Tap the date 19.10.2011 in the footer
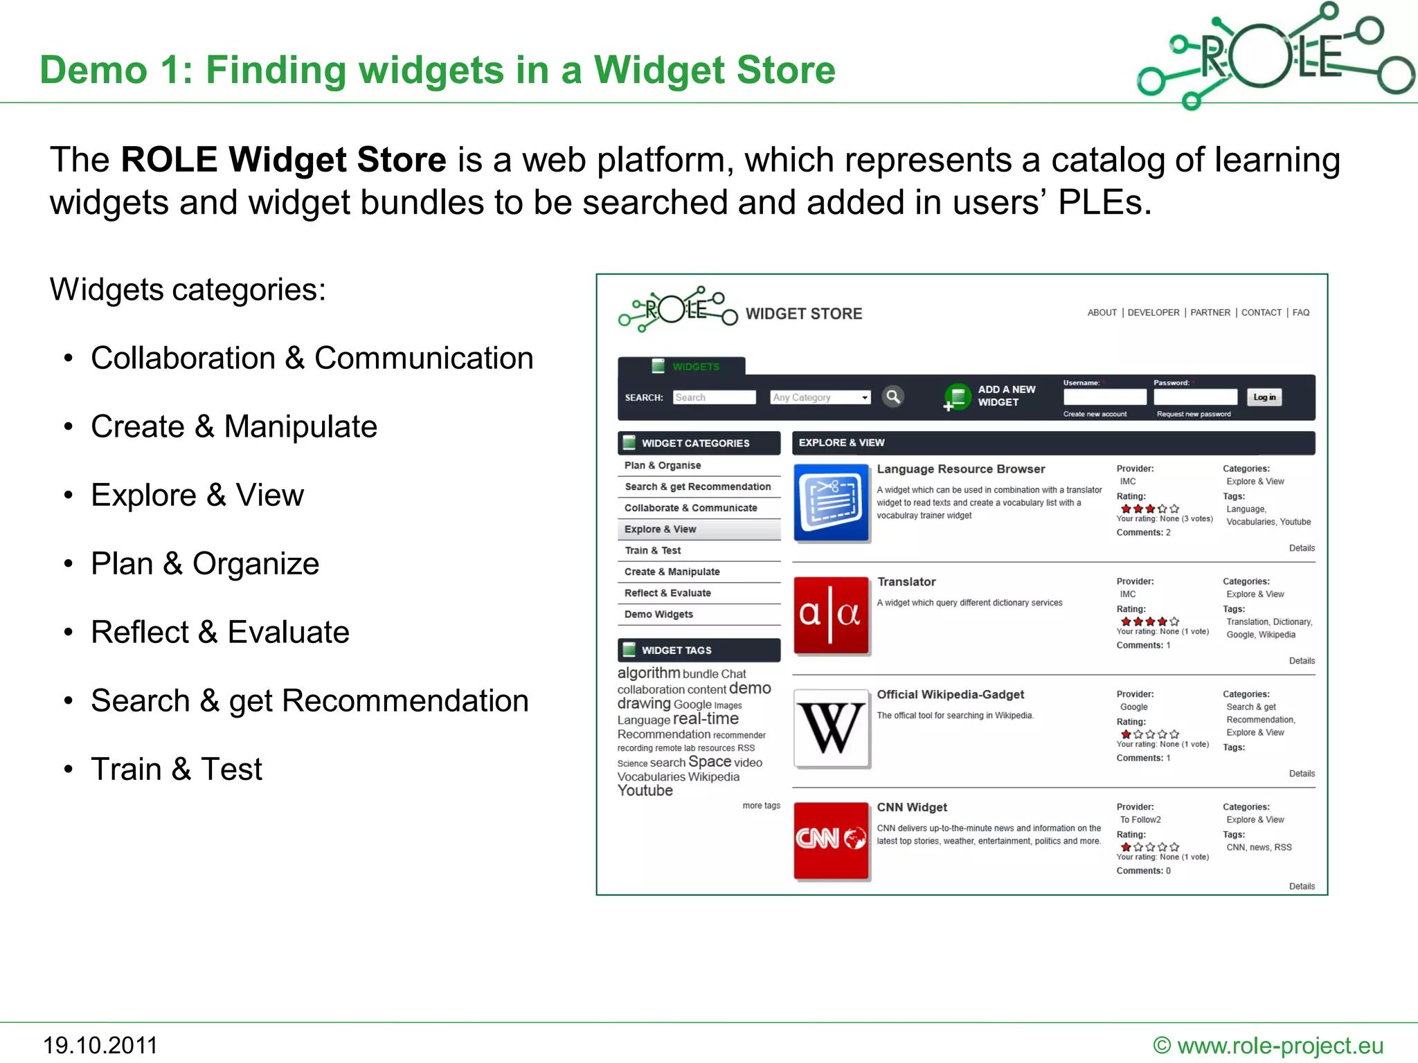pos(100,1045)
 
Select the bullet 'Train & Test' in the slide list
pos(177,769)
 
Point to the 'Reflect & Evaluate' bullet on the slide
pos(220,632)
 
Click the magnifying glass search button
pos(893,397)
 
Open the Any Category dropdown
pos(820,397)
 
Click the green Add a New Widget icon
pos(958,397)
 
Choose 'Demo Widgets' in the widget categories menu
pos(658,615)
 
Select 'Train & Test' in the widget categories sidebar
pos(653,550)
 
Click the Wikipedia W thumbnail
pos(832,728)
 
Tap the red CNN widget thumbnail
pos(831,840)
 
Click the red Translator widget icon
pos(831,615)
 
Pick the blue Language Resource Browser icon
pos(831,502)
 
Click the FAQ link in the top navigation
pos(1301,313)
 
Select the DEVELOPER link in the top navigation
pos(1153,313)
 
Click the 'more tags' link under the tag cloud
pos(761,806)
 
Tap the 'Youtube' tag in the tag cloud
pos(645,791)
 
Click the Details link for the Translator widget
pos(1302,661)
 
